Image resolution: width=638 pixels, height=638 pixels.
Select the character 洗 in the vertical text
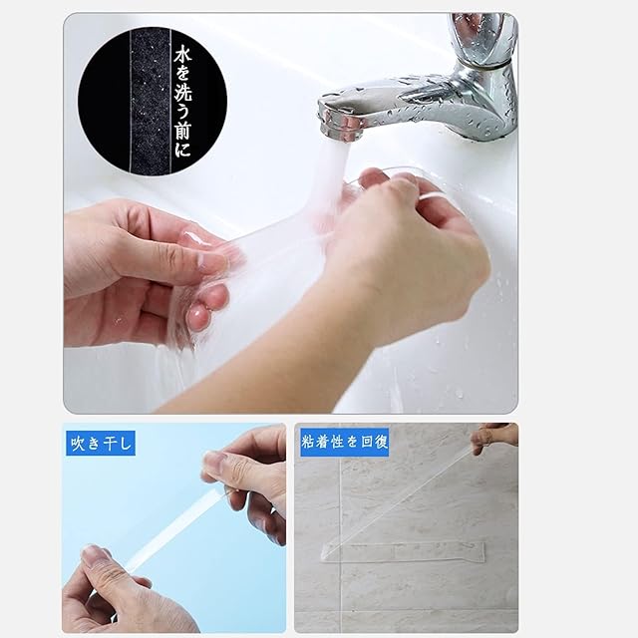(182, 94)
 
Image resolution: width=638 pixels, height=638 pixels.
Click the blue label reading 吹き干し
(101, 443)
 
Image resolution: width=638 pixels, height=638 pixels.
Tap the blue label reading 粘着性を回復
(344, 442)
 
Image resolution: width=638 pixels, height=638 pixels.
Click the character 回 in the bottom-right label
(367, 442)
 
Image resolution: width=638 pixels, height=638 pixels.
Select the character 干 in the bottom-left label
(111, 443)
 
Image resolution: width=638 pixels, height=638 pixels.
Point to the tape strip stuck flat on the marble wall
(403, 552)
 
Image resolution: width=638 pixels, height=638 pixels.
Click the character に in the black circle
(182, 148)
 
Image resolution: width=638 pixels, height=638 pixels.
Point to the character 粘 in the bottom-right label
(308, 442)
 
